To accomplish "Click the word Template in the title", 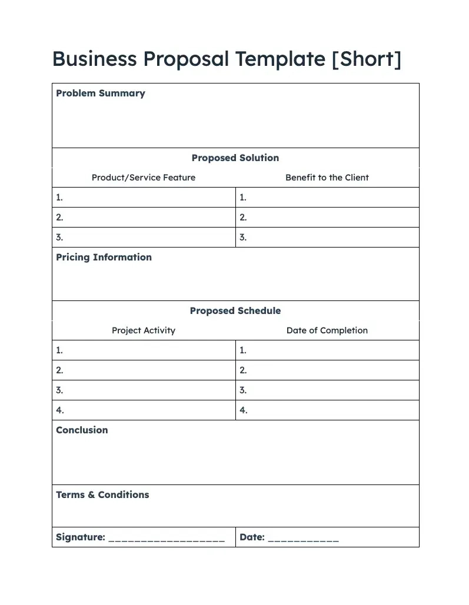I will (x=280, y=59).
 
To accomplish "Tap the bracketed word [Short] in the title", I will (x=366, y=59).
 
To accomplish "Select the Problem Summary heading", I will (x=100, y=93).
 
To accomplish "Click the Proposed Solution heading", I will (x=235, y=158).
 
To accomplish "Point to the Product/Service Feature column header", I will (x=144, y=178).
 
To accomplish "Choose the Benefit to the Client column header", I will (x=327, y=178).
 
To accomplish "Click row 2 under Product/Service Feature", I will (x=59, y=218).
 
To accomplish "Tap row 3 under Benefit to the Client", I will (x=243, y=238).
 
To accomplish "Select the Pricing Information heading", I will (x=104, y=258).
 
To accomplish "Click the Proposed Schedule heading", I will (x=235, y=311).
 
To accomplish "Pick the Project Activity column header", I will (x=144, y=330).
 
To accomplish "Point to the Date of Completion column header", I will (x=327, y=330).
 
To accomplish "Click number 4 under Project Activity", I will (x=60, y=410).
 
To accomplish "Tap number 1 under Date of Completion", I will (x=243, y=350).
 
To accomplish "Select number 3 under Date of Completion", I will (x=243, y=390).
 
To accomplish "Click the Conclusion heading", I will (x=82, y=430).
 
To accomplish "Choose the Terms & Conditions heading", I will (x=102, y=495).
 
